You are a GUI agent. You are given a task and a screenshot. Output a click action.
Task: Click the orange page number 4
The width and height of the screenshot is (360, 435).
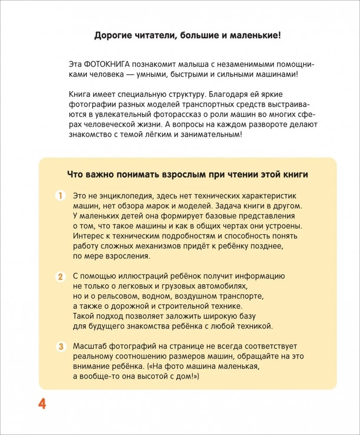tap(42, 404)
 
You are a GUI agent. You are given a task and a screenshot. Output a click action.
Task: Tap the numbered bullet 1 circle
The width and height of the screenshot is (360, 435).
tap(60, 195)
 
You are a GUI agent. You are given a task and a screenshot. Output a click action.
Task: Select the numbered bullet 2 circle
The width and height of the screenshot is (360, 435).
tap(60, 276)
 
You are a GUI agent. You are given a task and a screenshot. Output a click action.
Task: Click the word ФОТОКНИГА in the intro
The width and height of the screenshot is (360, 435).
tap(107, 64)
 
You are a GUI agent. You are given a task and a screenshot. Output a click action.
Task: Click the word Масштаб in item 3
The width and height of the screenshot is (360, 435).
tap(89, 346)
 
